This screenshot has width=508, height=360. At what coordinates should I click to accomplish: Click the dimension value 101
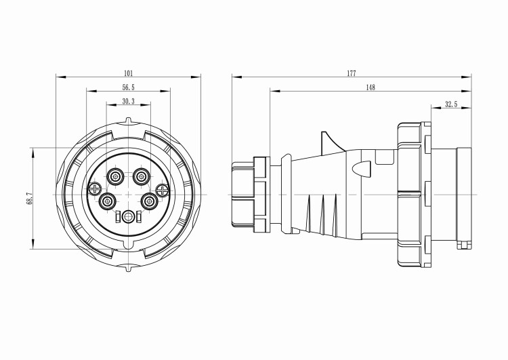[129, 73]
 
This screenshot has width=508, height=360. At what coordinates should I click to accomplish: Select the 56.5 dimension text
[128, 87]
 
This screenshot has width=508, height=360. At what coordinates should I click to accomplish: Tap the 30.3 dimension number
[128, 101]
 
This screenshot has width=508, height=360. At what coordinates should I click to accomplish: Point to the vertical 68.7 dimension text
[29, 198]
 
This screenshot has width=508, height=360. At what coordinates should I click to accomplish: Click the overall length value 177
[352, 73]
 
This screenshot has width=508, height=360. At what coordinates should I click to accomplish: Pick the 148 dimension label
[371, 87]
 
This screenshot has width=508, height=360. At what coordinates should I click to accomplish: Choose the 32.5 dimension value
[451, 104]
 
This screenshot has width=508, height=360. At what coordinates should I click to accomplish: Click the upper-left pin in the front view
[115, 177]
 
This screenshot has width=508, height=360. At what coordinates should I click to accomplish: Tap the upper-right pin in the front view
[141, 177]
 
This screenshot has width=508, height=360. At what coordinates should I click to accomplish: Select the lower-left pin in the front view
[106, 202]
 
